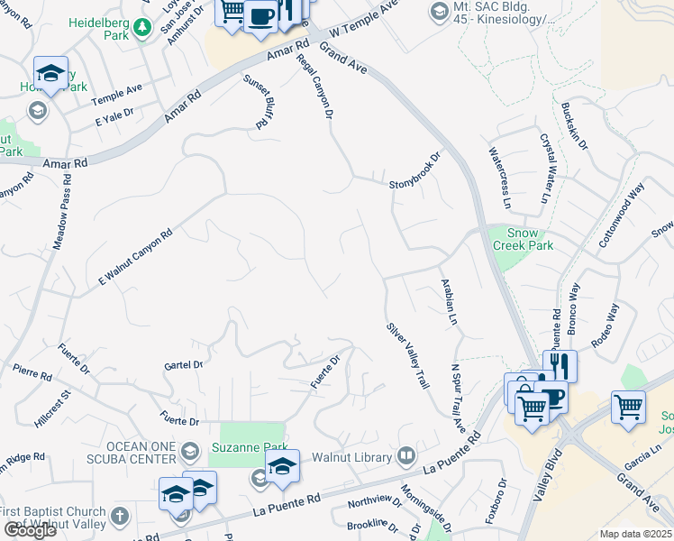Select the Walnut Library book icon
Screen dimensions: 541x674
(406, 456)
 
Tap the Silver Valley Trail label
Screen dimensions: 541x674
(407, 357)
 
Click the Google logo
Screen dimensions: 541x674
(30, 529)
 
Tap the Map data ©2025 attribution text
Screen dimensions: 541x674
(635, 534)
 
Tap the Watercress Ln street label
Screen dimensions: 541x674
(498, 173)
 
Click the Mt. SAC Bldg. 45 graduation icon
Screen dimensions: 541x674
(439, 12)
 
